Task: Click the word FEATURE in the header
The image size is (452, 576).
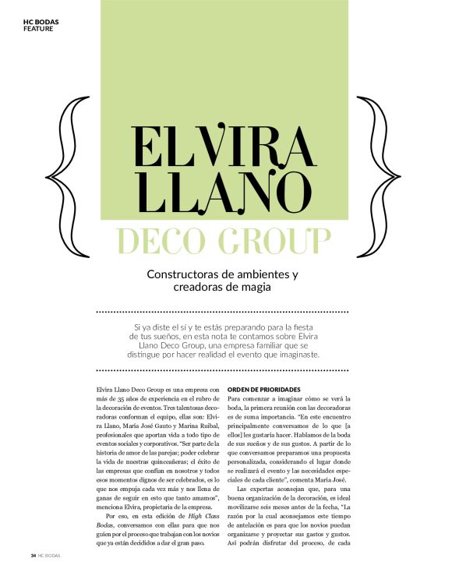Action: (38, 28)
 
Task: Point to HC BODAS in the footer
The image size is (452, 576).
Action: (49, 555)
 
